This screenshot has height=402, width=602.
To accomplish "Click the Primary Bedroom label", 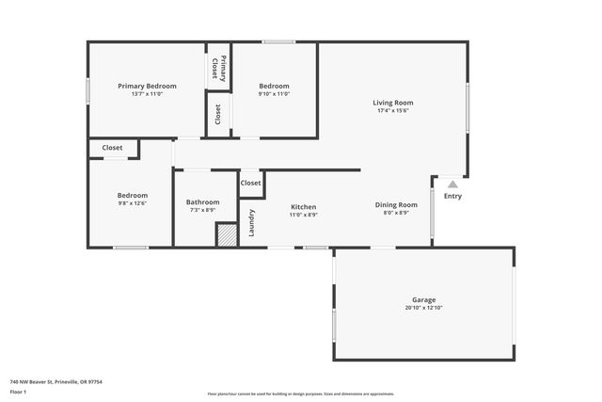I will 147,86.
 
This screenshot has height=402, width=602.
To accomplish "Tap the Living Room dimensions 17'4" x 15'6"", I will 392,111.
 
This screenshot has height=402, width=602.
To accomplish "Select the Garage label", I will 423,300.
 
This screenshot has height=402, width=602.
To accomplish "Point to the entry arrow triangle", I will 452,185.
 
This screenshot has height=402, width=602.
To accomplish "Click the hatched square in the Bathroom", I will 227,235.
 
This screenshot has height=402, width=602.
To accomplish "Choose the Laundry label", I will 251,222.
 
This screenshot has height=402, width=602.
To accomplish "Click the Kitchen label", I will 303,207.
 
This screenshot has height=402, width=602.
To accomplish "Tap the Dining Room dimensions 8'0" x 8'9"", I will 396,214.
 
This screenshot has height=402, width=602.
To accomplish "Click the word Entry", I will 452,196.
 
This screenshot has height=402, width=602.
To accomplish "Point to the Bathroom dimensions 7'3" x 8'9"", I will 202,210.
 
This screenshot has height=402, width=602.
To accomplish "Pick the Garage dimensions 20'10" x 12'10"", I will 423,308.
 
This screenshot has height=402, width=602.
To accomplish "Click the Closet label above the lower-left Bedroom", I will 113,148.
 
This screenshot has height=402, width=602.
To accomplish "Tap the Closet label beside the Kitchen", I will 251,183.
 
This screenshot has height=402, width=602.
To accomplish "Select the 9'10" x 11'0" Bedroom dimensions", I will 275,93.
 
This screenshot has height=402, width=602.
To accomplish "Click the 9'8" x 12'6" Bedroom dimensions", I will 132,203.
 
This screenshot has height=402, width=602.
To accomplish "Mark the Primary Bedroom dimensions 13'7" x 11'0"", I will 147,93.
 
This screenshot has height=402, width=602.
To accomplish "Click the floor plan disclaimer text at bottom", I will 301,394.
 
